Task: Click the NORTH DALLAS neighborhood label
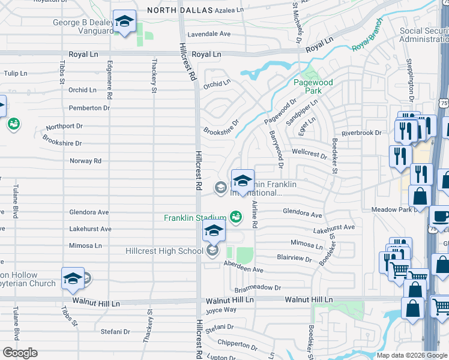pos(179,11)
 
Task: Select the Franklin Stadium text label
pos(195,218)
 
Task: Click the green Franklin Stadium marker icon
pos(236,217)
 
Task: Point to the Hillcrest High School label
pos(164,251)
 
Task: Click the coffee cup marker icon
pos(441,216)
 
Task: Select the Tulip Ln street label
pos(16,73)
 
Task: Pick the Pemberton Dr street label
pos(89,108)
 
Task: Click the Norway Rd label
pos(85,161)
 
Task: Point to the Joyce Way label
pos(221,310)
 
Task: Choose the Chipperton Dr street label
pos(238,344)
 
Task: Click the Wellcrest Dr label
pos(309,154)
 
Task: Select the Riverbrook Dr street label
pos(361,133)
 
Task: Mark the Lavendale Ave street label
pos(209,34)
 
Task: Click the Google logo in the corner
pos(20,353)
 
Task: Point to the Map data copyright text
pos(411,355)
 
